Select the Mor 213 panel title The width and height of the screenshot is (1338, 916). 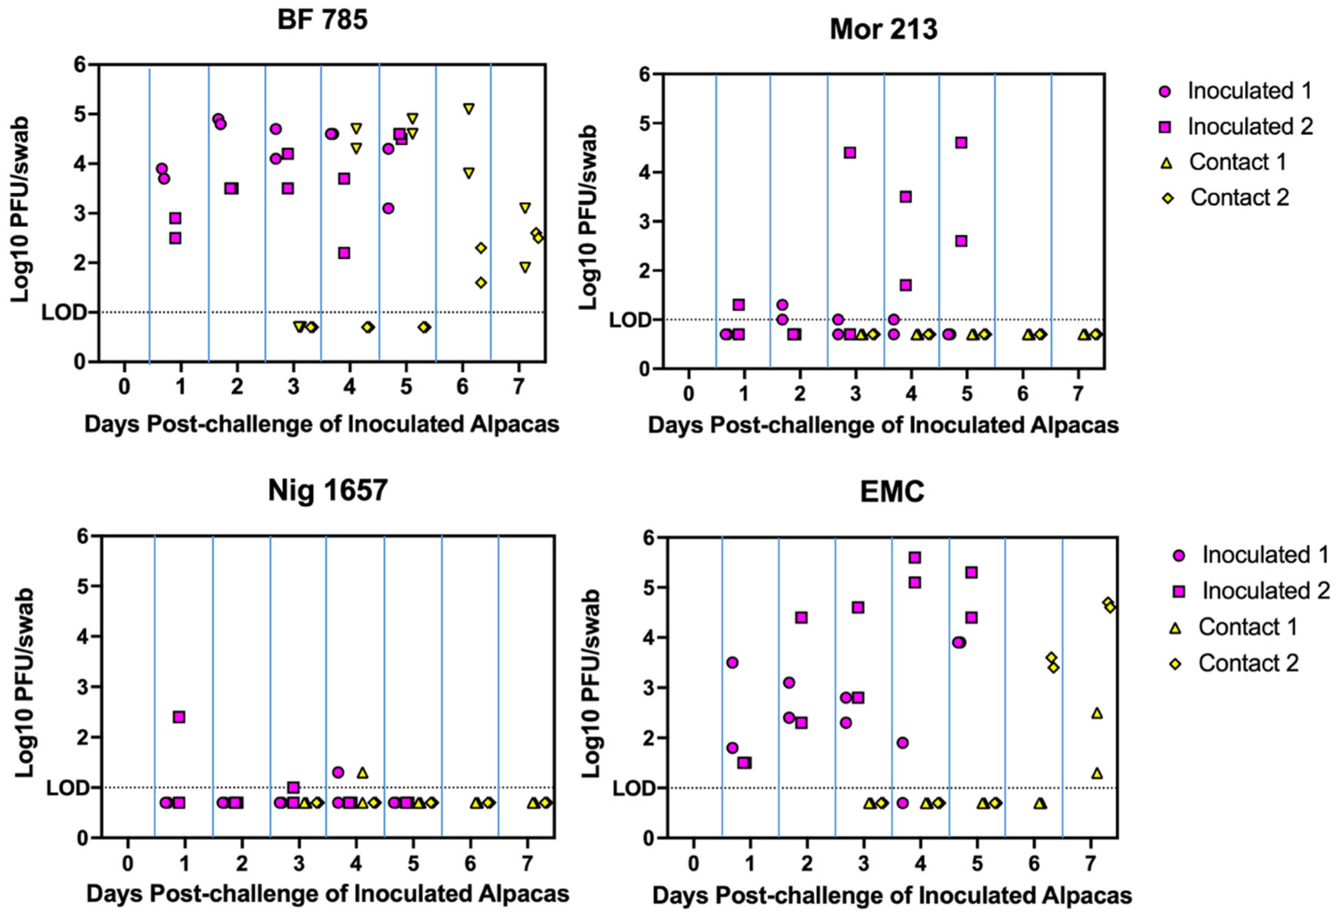pyautogui.click(x=884, y=29)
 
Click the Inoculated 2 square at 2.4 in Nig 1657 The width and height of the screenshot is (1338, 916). pyautogui.click(x=179, y=717)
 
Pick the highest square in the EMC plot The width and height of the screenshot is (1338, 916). pyautogui.click(x=915, y=557)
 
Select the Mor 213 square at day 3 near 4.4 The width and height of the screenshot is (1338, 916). pyautogui.click(x=850, y=152)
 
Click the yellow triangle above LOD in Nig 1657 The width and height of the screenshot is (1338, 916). pyautogui.click(x=362, y=772)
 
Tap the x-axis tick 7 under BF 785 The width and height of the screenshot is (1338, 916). pyautogui.click(x=519, y=387)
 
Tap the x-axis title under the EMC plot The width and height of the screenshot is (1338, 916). pyautogui.click(x=893, y=896)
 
